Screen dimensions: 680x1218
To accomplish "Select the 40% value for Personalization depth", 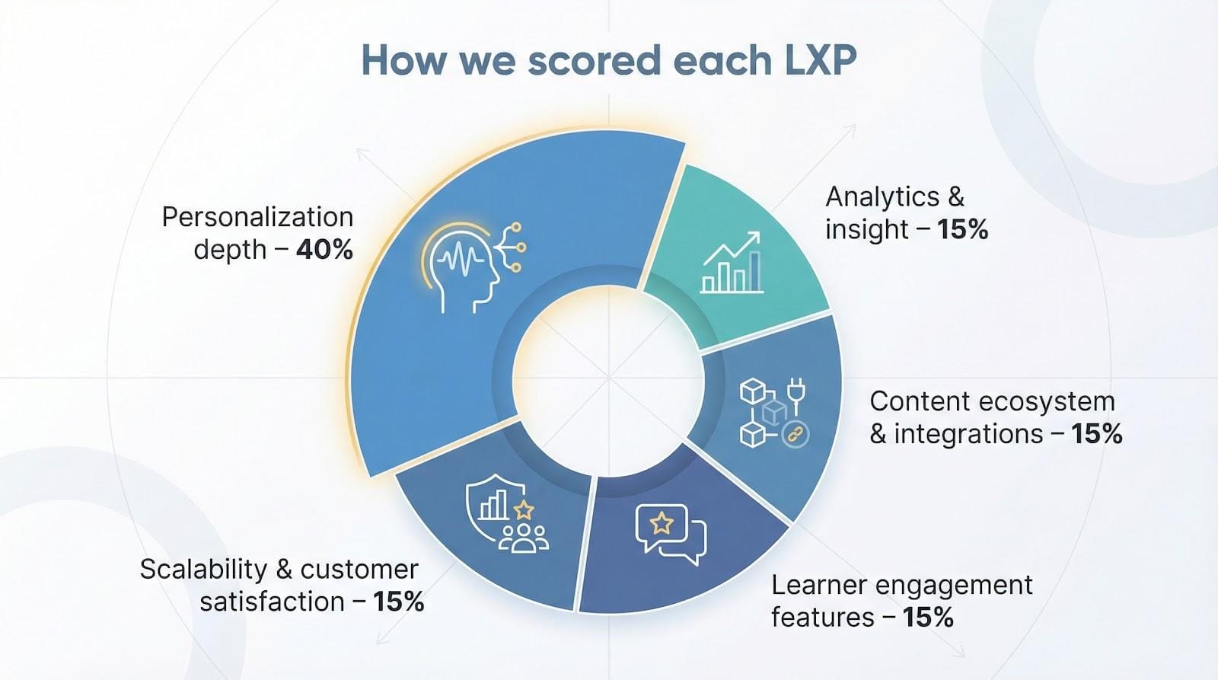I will point(324,250).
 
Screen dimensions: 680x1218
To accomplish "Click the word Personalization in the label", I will point(257,217).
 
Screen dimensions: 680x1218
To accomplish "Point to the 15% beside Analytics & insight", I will point(962,229).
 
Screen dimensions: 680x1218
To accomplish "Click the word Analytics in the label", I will point(882,196).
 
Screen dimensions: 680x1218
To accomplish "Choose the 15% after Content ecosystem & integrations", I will point(1096,434).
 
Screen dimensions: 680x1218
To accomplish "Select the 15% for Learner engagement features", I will point(928,617).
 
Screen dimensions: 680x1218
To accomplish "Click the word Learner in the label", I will point(819,585).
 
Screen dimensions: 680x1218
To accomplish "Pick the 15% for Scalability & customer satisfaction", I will point(398,602).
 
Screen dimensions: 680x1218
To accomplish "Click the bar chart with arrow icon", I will point(731,263).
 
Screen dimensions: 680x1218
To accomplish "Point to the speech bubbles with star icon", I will point(671,533).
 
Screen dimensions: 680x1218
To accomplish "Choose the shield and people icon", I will point(505,511).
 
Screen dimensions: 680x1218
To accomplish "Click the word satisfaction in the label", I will point(272,602).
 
